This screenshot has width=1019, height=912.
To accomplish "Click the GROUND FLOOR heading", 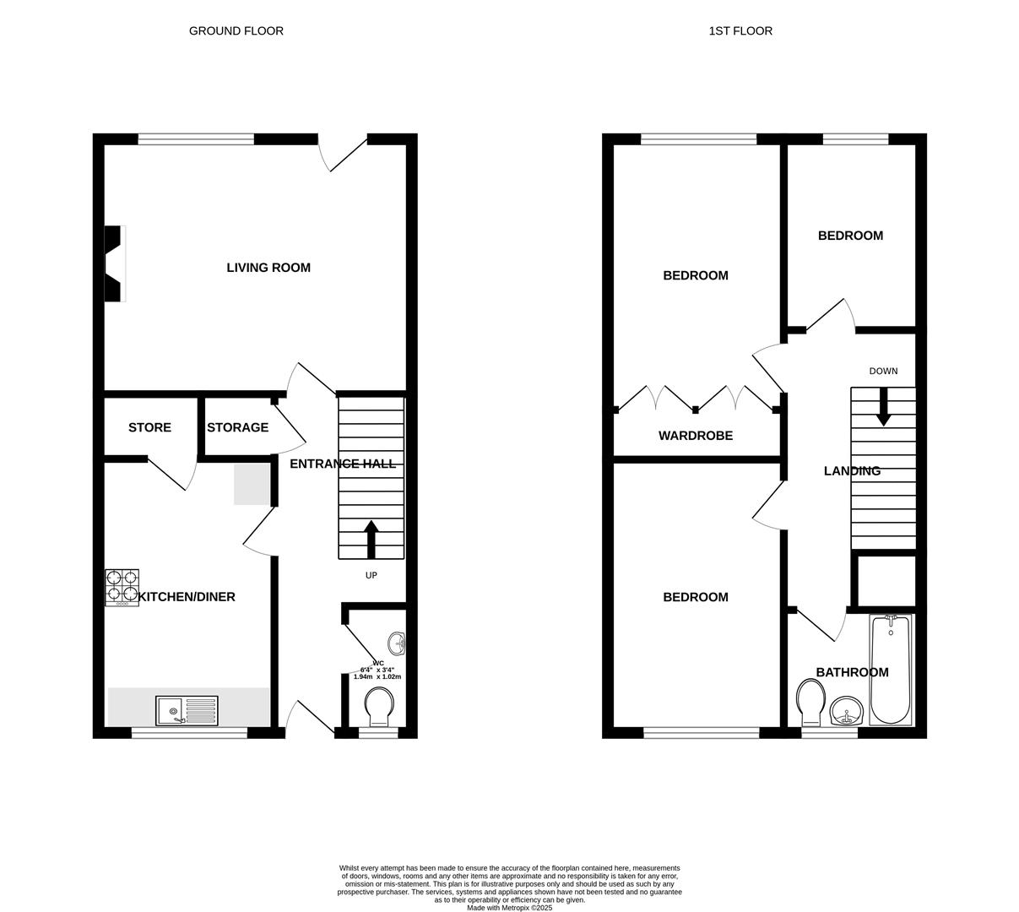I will (236, 31).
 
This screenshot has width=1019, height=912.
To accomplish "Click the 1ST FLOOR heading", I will (740, 31).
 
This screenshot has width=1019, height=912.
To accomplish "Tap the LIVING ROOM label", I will (268, 268).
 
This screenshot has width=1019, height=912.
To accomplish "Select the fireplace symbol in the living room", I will (114, 263).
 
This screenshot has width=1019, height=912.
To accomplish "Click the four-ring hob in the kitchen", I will (122, 588).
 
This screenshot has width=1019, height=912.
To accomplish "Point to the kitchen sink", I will (187, 710).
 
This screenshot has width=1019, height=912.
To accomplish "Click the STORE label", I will (149, 428).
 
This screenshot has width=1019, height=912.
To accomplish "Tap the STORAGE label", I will (237, 428).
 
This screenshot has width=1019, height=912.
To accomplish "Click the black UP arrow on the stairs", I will (371, 539).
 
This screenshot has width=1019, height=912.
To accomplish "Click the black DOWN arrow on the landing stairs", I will (883, 406).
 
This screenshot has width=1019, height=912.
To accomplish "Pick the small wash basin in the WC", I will (397, 644).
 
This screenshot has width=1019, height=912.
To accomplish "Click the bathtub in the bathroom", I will (891, 669).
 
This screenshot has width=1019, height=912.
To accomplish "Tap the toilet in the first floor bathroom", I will (810, 703).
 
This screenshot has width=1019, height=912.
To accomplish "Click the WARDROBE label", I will (696, 437).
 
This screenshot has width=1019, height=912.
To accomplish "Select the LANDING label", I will (852, 471).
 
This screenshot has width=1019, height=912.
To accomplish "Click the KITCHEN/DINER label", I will (187, 597).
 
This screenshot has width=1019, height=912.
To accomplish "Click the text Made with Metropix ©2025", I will (509, 908).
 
